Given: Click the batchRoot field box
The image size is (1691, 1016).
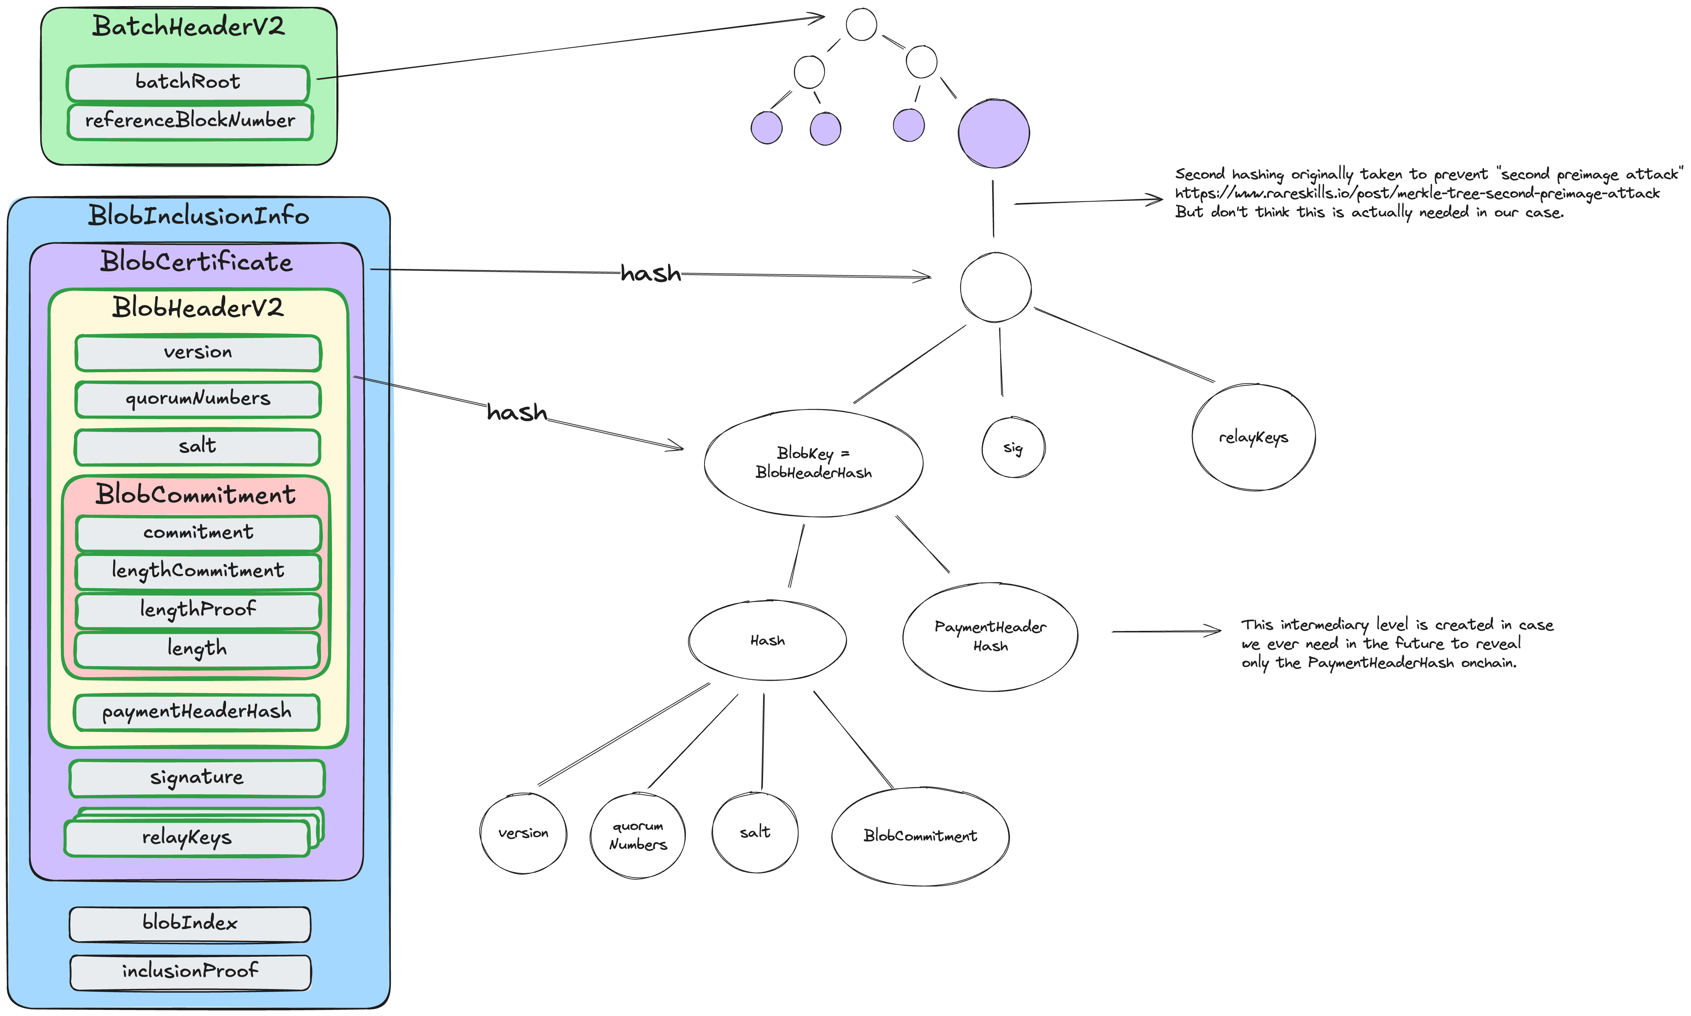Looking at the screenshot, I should coord(188,82).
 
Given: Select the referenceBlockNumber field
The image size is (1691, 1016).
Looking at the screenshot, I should coord(190,121).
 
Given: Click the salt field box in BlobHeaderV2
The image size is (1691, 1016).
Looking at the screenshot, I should coord(197,446).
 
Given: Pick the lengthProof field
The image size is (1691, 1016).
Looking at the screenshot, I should coord(198,609).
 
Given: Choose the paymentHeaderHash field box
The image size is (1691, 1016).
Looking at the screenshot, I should coord(196,712).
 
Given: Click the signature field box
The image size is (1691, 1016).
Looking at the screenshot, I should coord(196,778).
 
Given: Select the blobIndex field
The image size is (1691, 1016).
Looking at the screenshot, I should coord(190,924).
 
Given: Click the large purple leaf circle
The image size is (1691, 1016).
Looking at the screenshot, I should coord(993,133).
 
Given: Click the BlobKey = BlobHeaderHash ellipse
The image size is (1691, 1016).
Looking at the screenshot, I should coord(813,463).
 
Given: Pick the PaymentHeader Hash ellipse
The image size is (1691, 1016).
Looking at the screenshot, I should coord(990,637).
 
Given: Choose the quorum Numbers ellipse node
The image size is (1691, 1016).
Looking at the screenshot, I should coord(637,835).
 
